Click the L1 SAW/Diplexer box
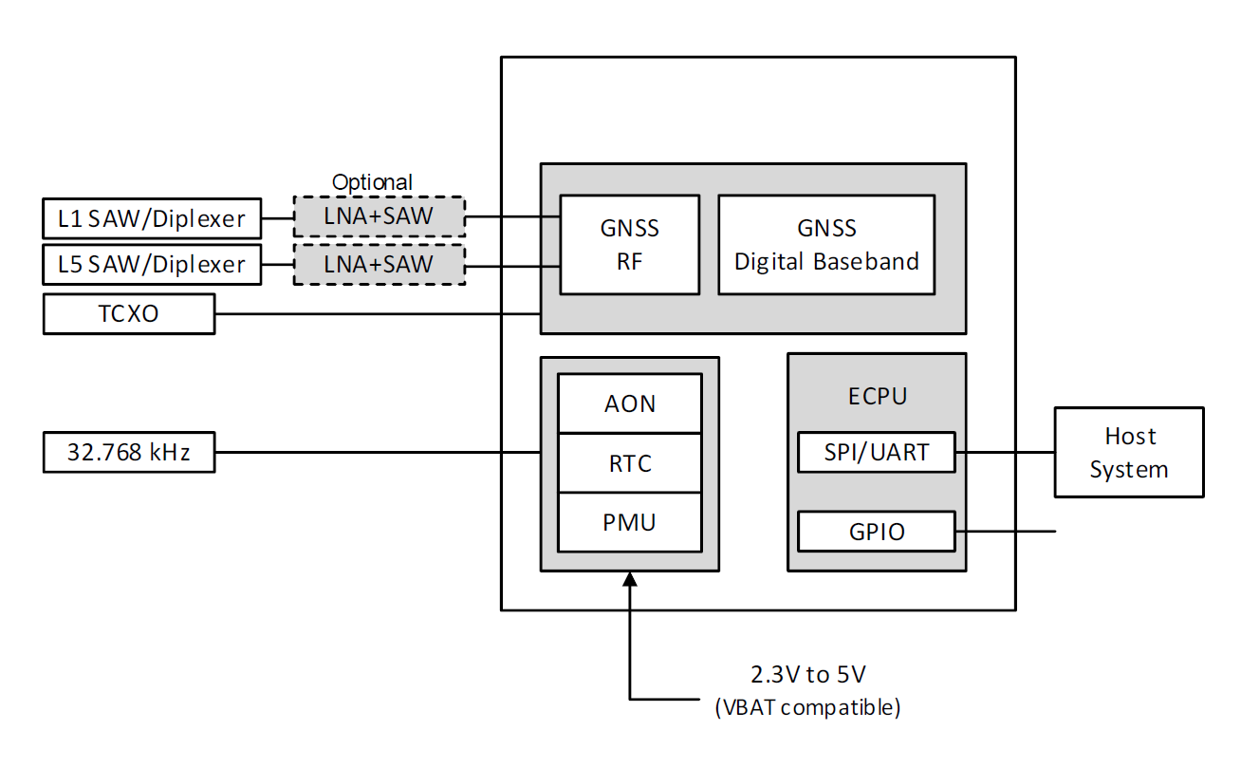(152, 218)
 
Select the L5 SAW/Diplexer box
(152, 264)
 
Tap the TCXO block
(129, 314)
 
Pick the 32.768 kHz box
(129, 452)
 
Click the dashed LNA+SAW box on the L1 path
(379, 216)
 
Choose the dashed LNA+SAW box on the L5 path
(379, 264)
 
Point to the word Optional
(372, 182)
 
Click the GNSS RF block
(629, 244)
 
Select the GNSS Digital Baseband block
(826, 244)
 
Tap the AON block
(630, 403)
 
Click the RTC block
(630, 463)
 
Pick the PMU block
(630, 522)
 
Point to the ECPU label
(877, 396)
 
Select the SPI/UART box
(876, 452)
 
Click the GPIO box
(876, 532)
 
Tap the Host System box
(1129, 452)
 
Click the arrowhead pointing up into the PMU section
(629, 580)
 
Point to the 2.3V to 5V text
(807, 676)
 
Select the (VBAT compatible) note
(807, 707)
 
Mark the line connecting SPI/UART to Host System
(1005, 452)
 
